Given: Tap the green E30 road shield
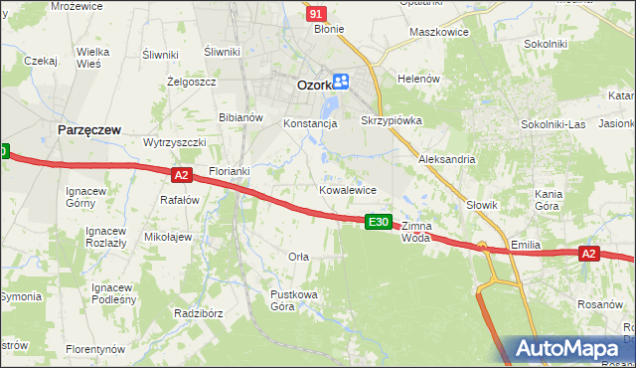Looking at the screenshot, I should [x=377, y=222].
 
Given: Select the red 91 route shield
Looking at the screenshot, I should [x=315, y=13].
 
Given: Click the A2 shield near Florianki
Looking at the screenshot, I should [x=180, y=175].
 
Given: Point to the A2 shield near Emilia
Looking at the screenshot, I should [x=588, y=254].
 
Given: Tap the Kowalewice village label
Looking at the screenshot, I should [x=347, y=189].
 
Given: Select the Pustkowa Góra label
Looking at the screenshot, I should [x=294, y=300].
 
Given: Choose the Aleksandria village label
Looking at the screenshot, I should [x=447, y=159].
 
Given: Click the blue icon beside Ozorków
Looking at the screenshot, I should [x=341, y=83].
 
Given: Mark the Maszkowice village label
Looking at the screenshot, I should [x=438, y=32].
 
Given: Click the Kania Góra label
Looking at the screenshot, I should [x=550, y=200].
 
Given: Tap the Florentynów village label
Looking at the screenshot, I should [x=95, y=349].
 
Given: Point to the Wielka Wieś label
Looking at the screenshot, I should [x=92, y=57].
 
